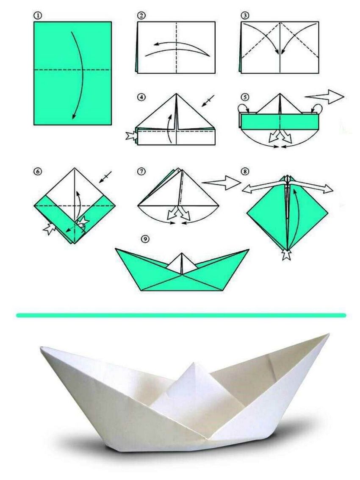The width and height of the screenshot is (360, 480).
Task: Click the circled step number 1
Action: coord(38,16)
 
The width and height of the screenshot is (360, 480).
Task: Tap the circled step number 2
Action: coord(141,16)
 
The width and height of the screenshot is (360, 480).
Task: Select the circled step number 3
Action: coord(245,16)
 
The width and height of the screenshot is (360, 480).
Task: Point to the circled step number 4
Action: coord(141,97)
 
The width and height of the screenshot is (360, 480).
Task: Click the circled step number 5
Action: coord(245,97)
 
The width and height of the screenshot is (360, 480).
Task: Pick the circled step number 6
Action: coord(38,172)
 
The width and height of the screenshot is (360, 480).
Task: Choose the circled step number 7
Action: coord(141,172)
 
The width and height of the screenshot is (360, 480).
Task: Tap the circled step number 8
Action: coord(245,172)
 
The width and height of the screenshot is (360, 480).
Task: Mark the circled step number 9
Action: coord(146,239)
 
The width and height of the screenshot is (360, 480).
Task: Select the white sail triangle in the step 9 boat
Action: coord(182,263)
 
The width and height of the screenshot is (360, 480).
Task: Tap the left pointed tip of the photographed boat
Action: coord(41,347)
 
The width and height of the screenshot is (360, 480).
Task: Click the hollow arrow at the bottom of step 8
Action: coord(287,254)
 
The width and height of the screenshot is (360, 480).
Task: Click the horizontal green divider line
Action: coord(181,315)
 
